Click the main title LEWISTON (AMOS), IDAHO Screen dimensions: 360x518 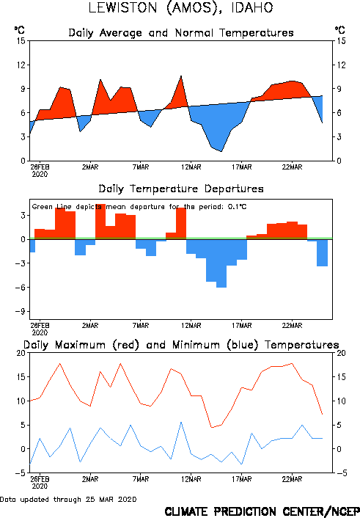(x=180, y=8)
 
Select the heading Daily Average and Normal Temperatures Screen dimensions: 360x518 (x=181, y=33)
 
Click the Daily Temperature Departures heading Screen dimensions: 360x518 (x=181, y=189)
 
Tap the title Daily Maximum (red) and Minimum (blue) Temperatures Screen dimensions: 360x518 (x=181, y=345)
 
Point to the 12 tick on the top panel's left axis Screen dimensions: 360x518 (x=21, y=65)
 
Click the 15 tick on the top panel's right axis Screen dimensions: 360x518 (x=342, y=41)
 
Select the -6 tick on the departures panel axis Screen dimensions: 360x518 (x=21, y=288)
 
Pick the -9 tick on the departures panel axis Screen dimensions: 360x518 (x=21, y=312)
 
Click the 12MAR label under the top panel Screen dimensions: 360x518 (x=191, y=167)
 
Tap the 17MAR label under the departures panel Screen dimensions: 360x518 (x=242, y=326)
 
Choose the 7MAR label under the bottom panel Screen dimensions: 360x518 (x=141, y=479)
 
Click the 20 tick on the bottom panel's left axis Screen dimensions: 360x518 (x=21, y=353)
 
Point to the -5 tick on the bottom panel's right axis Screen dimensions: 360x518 (x=342, y=473)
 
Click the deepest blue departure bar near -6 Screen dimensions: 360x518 (x=221, y=263)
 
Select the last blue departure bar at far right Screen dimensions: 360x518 (x=323, y=252)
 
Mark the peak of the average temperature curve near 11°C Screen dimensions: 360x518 (x=181, y=76)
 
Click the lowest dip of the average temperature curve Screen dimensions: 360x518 (x=221, y=151)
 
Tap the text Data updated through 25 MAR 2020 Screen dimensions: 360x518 (x=68, y=499)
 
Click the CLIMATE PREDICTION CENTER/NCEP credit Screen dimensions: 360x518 (x=262, y=511)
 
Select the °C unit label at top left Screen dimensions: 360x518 (x=20, y=30)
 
